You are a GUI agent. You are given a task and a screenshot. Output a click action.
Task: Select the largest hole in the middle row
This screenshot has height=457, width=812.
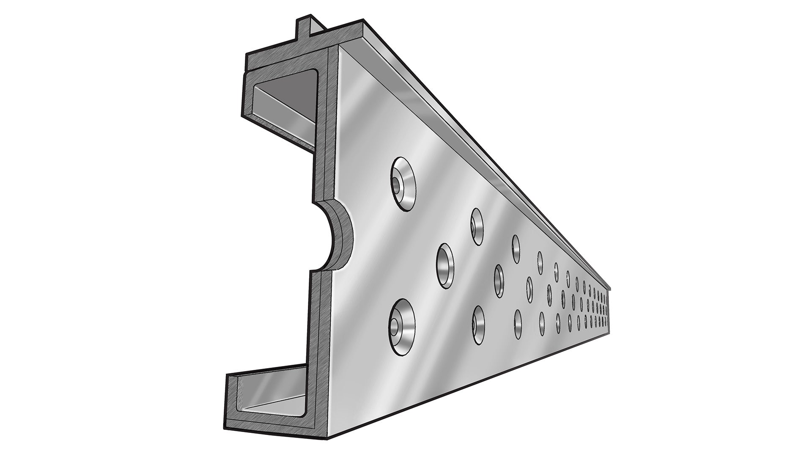tap(445, 266)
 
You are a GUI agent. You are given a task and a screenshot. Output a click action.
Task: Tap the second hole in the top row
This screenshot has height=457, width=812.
tap(477, 226)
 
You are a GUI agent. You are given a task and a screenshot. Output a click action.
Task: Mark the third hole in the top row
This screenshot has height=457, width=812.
tap(516, 248)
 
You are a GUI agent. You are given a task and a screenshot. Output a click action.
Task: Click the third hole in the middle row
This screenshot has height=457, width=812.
tap(529, 289)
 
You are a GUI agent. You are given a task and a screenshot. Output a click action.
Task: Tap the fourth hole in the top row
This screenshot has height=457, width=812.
tap(540, 262)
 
